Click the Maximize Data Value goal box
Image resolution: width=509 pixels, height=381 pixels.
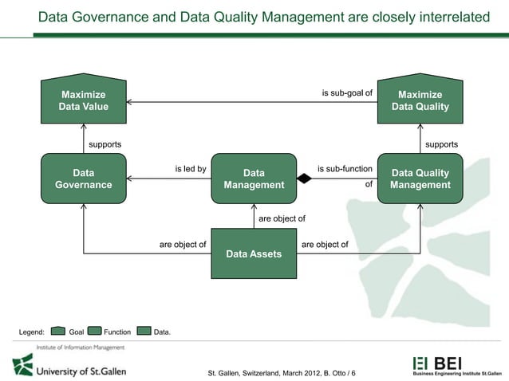[84, 100]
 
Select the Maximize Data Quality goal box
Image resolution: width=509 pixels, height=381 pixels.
[420, 100]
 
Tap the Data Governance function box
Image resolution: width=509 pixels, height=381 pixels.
[84, 179]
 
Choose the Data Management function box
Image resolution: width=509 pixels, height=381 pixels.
[254, 179]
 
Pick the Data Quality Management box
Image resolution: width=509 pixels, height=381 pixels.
[420, 179]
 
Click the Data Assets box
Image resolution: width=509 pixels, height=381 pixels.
[254, 253]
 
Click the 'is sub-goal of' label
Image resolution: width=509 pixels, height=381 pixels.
[347, 92]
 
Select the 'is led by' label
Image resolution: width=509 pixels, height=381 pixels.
[191, 169]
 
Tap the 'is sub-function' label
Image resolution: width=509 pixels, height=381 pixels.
[345, 169]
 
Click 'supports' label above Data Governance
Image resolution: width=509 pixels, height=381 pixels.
[105, 144]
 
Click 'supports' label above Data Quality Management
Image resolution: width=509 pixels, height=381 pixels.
[442, 144]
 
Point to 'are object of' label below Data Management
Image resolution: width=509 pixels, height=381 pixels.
[282, 217]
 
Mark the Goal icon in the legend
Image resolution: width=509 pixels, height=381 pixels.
[58, 331]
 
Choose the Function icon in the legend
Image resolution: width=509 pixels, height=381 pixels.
[94, 331]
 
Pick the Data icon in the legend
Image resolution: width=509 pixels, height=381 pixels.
[144, 331]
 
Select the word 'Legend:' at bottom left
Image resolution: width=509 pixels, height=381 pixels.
[32, 332]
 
